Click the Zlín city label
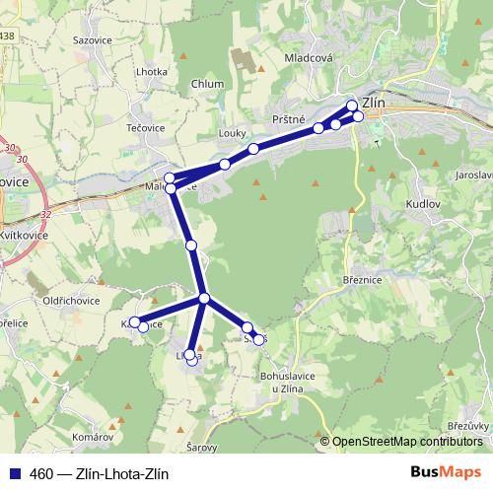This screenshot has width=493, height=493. point(374,101)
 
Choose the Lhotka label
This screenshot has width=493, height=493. point(152,72)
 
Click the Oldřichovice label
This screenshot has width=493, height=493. point(67,301)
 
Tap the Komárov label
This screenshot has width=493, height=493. point(95,435)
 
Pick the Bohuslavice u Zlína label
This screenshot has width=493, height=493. point(287,381)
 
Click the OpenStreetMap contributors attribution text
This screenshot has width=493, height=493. point(408,442)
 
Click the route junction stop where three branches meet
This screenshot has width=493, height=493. point(204,298)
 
